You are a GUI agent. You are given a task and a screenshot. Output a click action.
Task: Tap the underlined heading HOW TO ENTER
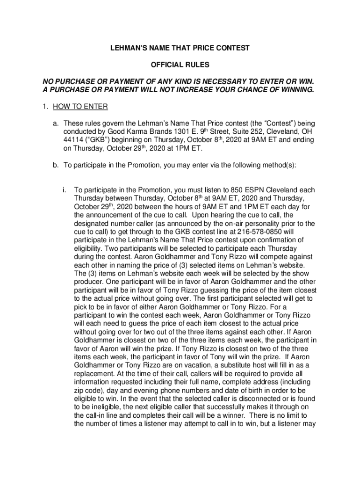80,107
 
